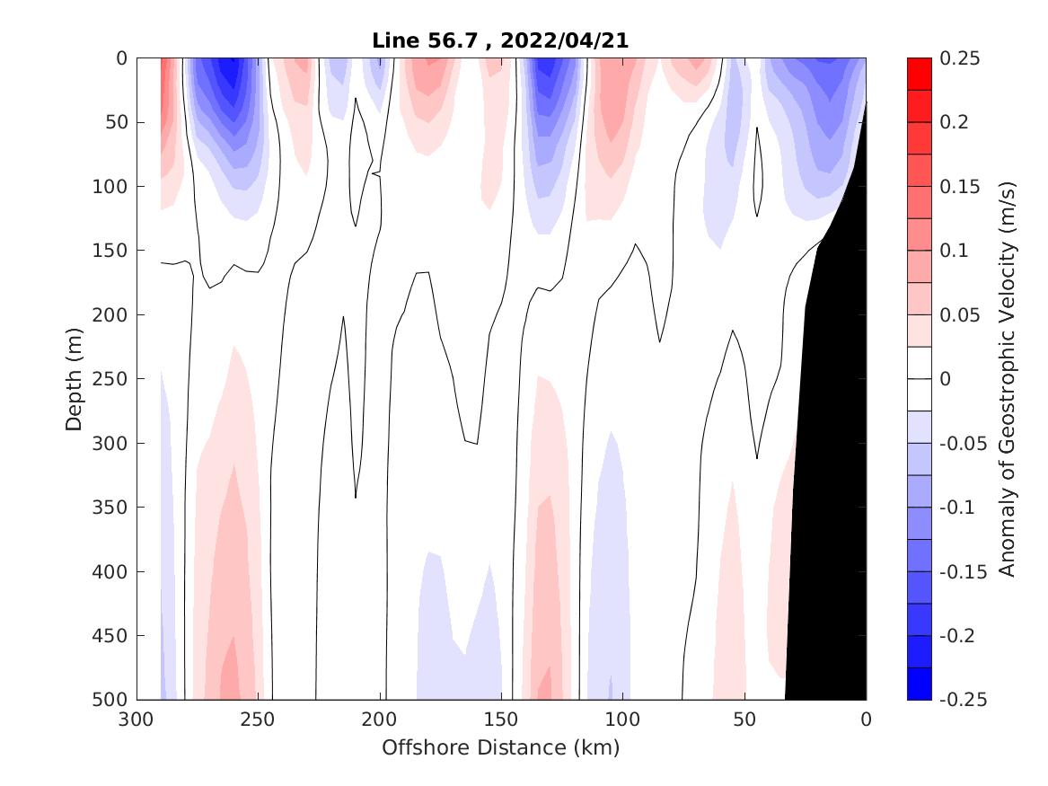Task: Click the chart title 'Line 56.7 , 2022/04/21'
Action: (501, 40)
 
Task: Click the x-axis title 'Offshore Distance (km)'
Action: (501, 747)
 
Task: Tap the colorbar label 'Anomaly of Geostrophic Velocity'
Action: (1008, 379)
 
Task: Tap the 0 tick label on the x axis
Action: (866, 720)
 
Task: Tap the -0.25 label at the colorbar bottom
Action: (959, 700)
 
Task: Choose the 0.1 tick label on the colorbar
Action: (952, 251)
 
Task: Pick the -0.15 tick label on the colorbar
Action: (959, 571)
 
